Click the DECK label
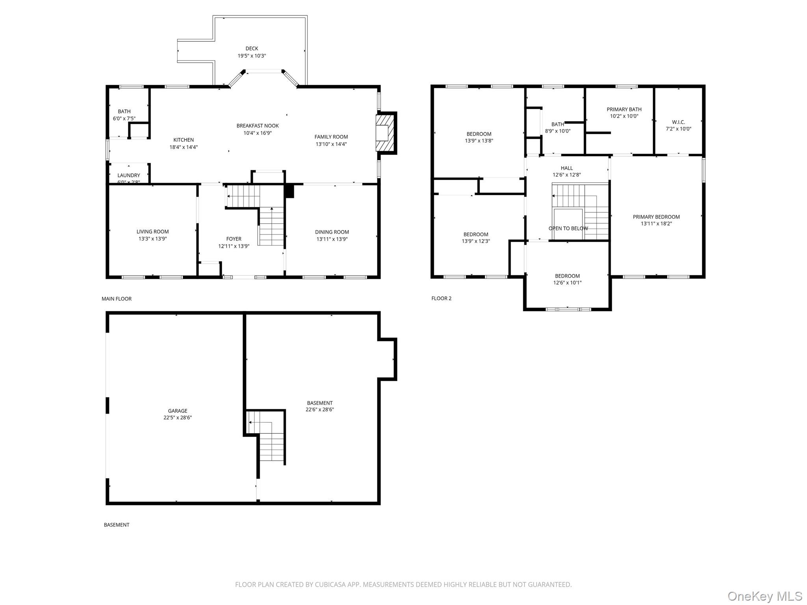pyautogui.click(x=252, y=49)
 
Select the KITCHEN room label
pyautogui.click(x=184, y=140)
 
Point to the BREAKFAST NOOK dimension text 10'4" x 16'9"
pyautogui.click(x=258, y=133)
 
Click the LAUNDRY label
pyautogui.click(x=129, y=175)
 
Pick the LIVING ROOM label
pyautogui.click(x=152, y=232)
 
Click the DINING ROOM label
pyautogui.click(x=332, y=232)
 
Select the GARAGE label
pyautogui.click(x=178, y=411)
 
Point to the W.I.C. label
pyautogui.click(x=679, y=122)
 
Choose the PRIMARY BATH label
pyautogui.click(x=624, y=109)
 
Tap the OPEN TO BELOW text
pyautogui.click(x=568, y=228)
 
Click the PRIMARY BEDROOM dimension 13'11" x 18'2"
pyautogui.click(x=656, y=224)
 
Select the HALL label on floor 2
pyautogui.click(x=567, y=168)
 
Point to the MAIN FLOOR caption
pyautogui.click(x=117, y=299)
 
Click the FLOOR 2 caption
pyautogui.click(x=441, y=299)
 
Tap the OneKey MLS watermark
pyautogui.click(x=765, y=596)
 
